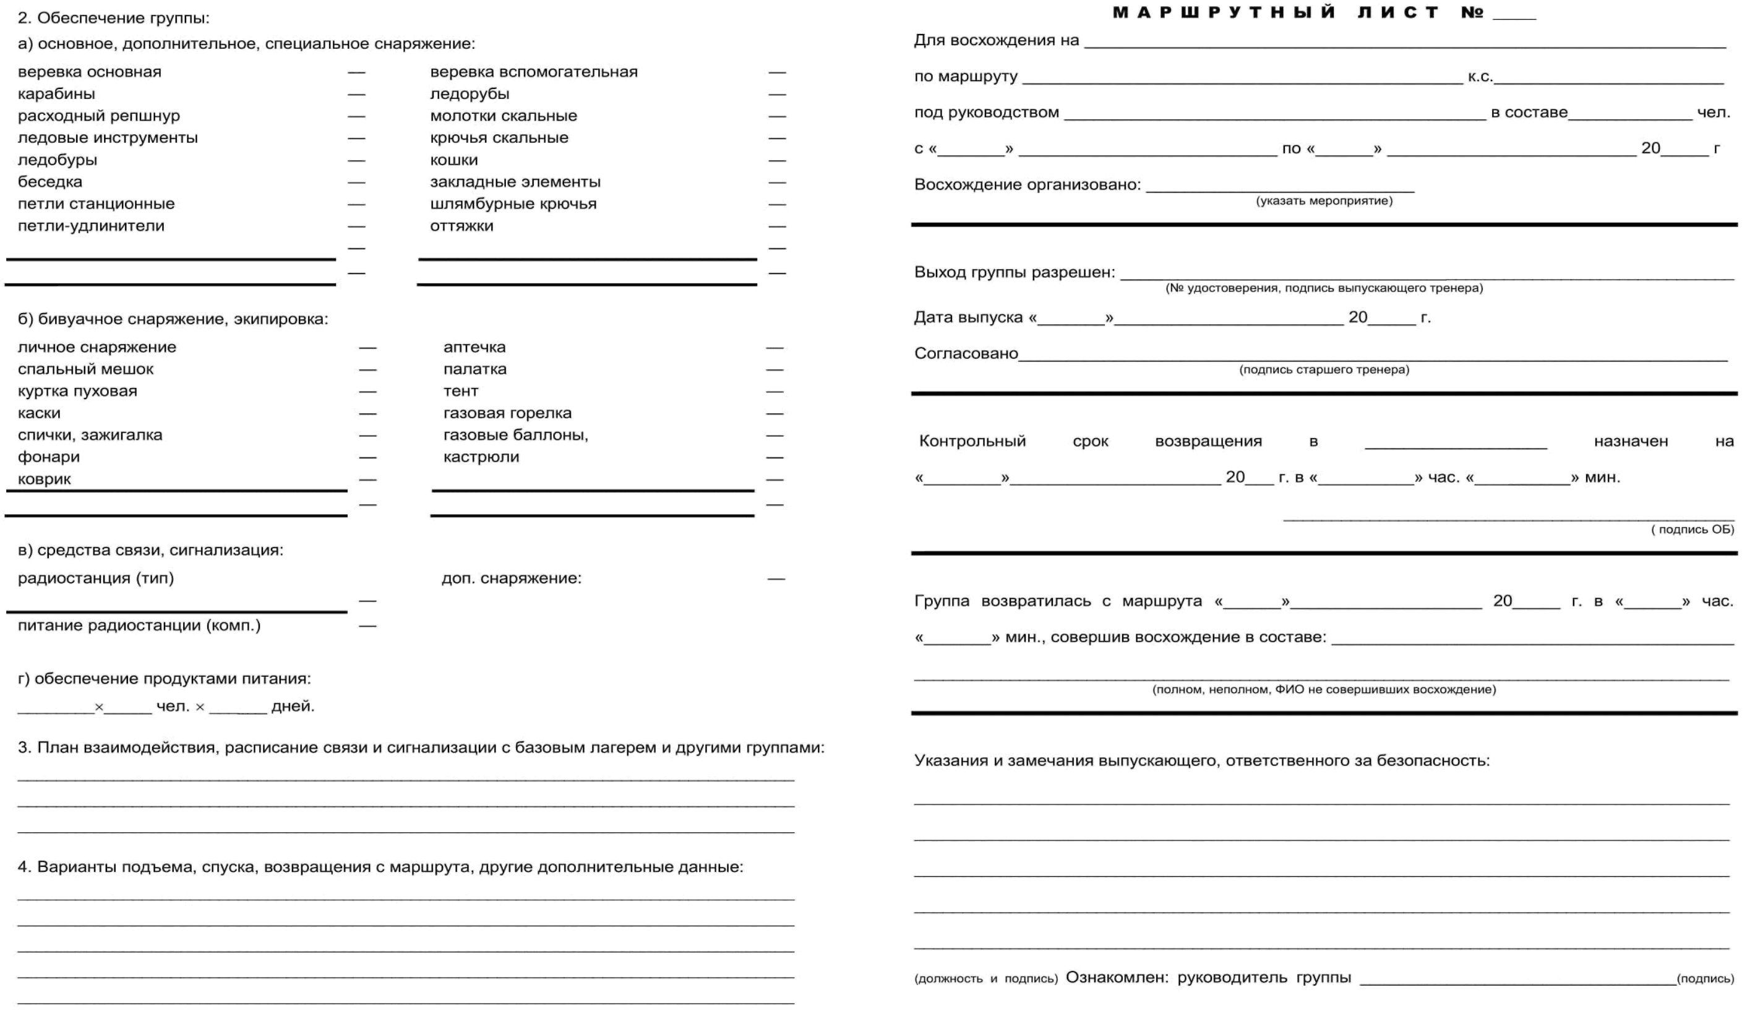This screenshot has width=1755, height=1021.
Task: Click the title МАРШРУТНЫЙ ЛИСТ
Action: [x=1274, y=12]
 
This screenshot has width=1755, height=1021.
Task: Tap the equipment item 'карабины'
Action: [x=56, y=94]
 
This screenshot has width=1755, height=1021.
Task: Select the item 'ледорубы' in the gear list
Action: [x=470, y=94]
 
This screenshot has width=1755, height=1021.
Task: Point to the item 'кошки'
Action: [x=453, y=160]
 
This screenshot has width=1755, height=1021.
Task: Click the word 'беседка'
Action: [x=50, y=182]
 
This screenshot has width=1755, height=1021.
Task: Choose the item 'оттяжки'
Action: [x=461, y=226]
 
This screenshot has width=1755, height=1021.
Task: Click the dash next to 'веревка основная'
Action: [x=356, y=72]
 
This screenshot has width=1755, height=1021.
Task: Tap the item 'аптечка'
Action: [x=474, y=348]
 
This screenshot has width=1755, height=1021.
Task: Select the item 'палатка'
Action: [x=475, y=369]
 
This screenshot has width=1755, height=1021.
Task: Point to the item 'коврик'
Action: [x=45, y=479]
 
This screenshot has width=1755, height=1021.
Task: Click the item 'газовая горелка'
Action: [x=507, y=413]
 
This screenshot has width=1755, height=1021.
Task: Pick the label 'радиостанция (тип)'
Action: [x=95, y=578]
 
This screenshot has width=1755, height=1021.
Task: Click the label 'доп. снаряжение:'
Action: [x=511, y=578]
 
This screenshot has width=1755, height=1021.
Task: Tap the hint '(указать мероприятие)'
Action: [x=1324, y=201]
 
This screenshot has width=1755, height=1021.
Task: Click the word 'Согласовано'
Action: [x=966, y=354]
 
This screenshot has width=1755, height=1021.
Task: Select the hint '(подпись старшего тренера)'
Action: [x=1324, y=370]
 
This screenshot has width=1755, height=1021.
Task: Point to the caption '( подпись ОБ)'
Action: [x=1693, y=529]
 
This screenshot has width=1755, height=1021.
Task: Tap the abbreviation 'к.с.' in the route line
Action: [x=1480, y=77]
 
